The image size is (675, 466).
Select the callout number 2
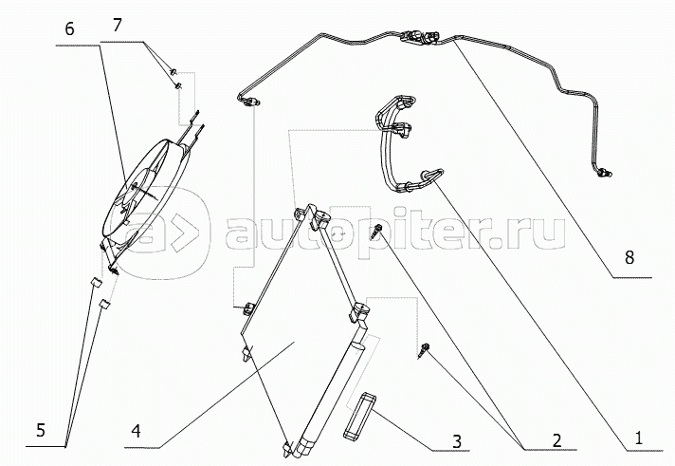click(557, 439)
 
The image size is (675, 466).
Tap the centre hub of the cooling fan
click(133, 193)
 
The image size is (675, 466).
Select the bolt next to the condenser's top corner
click(379, 228)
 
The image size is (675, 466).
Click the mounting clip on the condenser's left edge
click(248, 307)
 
